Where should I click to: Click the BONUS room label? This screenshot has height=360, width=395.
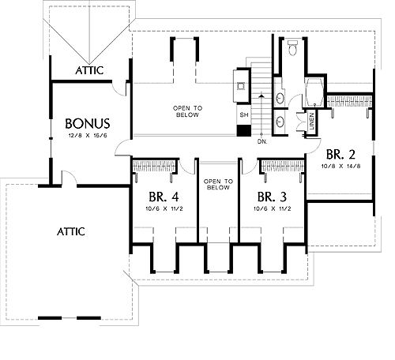click(x=88, y=123)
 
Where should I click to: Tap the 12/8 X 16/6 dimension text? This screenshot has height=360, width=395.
click(x=88, y=136)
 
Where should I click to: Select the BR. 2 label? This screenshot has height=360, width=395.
click(x=340, y=155)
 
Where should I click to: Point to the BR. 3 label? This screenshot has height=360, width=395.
click(x=272, y=197)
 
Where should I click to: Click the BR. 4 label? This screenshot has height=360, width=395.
click(x=164, y=197)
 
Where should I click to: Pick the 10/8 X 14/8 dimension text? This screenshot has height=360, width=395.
click(x=340, y=167)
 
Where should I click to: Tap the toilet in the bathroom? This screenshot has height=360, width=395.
click(x=292, y=47)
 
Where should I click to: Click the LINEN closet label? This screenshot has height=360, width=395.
click(x=312, y=122)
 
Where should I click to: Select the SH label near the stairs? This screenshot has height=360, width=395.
click(x=244, y=115)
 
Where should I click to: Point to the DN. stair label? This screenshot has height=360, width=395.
click(x=262, y=141)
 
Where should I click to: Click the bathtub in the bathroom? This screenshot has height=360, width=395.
click(x=314, y=92)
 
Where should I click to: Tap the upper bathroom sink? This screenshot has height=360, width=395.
click(x=280, y=98)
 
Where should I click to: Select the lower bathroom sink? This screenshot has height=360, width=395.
click(x=280, y=122)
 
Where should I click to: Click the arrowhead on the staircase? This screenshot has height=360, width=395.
click(x=261, y=96)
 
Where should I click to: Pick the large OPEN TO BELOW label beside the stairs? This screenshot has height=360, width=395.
click(x=187, y=111)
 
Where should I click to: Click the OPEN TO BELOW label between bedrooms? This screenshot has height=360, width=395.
click(x=218, y=185)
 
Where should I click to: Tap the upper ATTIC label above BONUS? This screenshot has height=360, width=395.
click(x=89, y=70)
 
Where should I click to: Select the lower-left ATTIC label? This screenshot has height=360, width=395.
click(x=71, y=231)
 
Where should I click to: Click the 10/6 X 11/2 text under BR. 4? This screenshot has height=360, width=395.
click(x=164, y=209)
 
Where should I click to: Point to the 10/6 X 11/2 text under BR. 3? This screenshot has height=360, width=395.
click(x=273, y=209)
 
